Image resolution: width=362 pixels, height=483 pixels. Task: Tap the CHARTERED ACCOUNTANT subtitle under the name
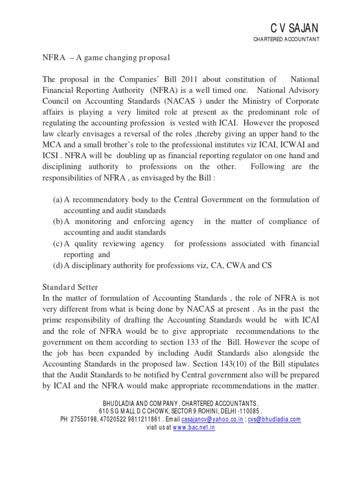pos(287,40)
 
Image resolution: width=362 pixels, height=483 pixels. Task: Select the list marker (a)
pos(58,200)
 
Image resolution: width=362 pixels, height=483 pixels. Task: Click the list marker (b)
pos(58,222)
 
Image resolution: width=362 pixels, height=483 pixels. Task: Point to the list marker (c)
pos(58,243)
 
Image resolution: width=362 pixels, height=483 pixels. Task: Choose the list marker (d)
pos(58,265)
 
